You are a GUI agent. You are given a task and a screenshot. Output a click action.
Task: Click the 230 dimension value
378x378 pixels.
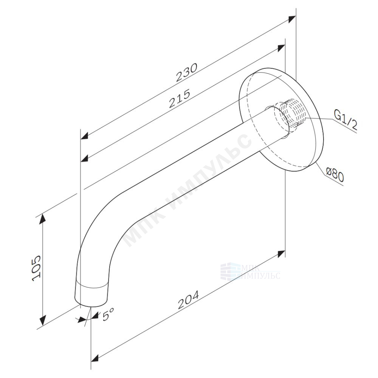pyautogui.click(x=186, y=73)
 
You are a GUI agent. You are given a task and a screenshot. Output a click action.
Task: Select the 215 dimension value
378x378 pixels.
pyautogui.click(x=180, y=98)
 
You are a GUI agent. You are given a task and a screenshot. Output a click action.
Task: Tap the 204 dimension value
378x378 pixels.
pyautogui.click(x=189, y=300)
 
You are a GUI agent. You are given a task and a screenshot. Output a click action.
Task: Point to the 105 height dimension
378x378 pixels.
pyautogui.click(x=36, y=268)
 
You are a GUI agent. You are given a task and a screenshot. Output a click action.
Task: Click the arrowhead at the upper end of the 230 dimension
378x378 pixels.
pyautogui.click(x=292, y=19)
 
